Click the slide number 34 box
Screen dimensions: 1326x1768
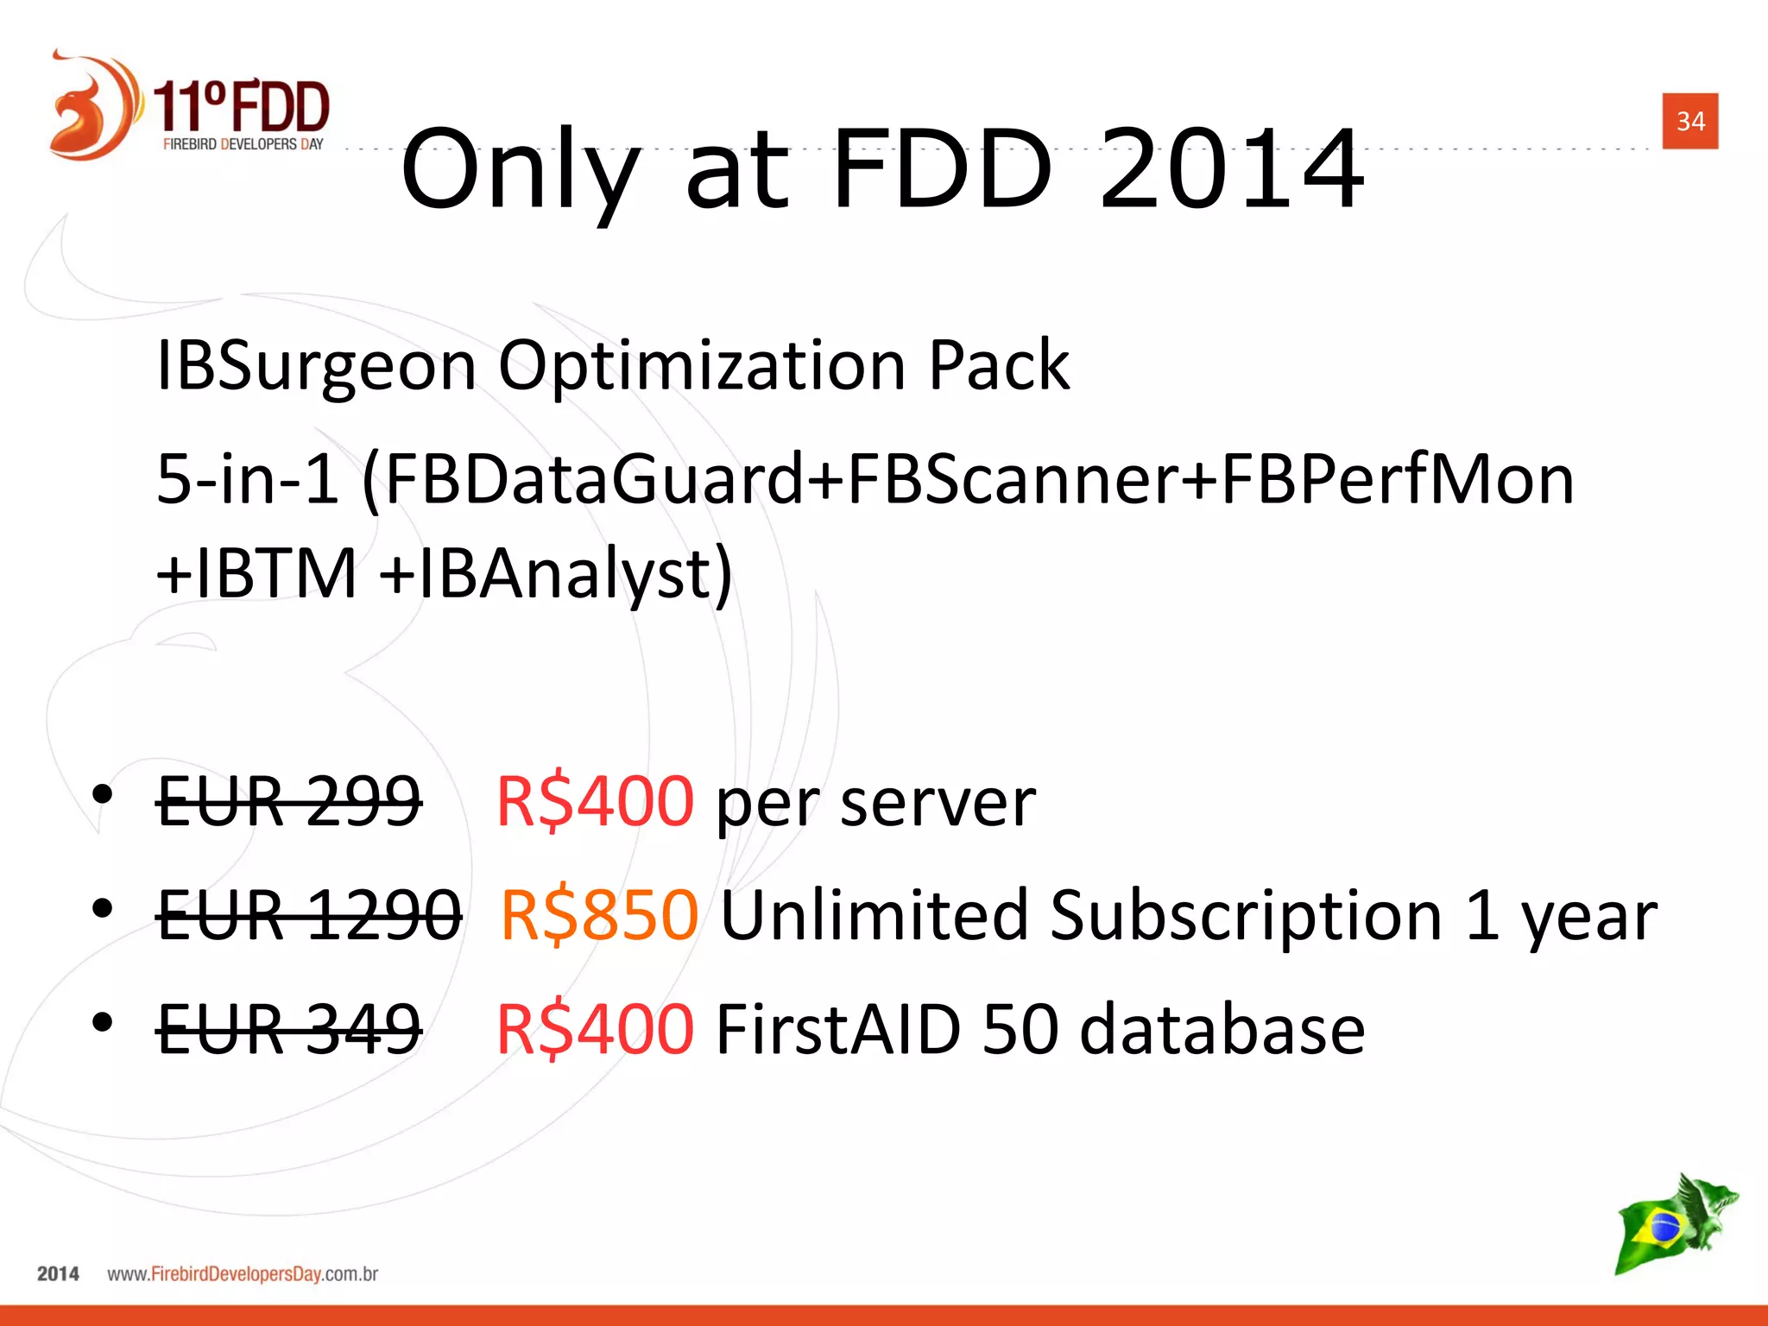pos(1689,121)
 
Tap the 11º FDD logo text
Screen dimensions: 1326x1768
pos(242,107)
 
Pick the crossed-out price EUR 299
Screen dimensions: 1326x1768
pos(289,801)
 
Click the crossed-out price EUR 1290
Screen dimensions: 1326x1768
pos(309,915)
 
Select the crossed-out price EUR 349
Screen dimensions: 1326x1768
pos(289,1028)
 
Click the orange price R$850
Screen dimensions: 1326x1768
pos(599,915)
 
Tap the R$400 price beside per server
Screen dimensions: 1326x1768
pos(595,801)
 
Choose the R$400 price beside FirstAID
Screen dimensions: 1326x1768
pos(595,1028)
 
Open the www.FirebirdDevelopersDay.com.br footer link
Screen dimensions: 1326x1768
pos(243,1274)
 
